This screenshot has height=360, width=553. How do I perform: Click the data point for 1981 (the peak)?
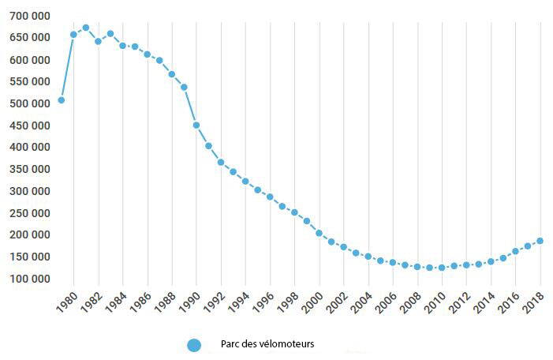86,28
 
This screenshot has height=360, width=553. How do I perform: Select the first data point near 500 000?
61,100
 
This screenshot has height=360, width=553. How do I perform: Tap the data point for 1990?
196,125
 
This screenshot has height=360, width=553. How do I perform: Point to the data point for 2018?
540,241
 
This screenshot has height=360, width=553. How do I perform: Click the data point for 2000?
319,233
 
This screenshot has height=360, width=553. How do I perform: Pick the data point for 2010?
442,268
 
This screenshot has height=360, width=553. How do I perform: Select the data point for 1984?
122,46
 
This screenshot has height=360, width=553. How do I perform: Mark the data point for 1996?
270,197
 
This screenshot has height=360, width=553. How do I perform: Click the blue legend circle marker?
194,345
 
